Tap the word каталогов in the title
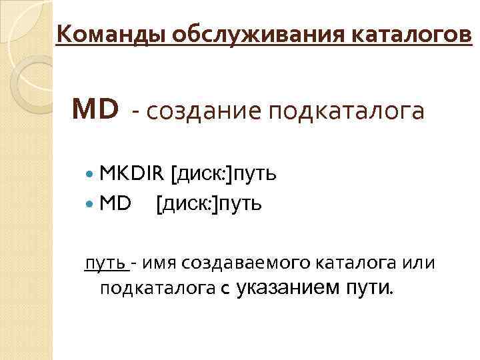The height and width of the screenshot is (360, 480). tap(413, 31)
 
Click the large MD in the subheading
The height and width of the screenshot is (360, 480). tap(96, 109)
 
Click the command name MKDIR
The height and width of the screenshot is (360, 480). tap(131, 174)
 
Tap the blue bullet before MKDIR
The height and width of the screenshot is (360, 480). tap(91, 175)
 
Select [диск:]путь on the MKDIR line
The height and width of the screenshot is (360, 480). tap(224, 175)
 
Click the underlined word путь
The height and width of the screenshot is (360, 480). tap(105, 264)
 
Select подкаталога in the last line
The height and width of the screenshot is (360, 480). tap(157, 288)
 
